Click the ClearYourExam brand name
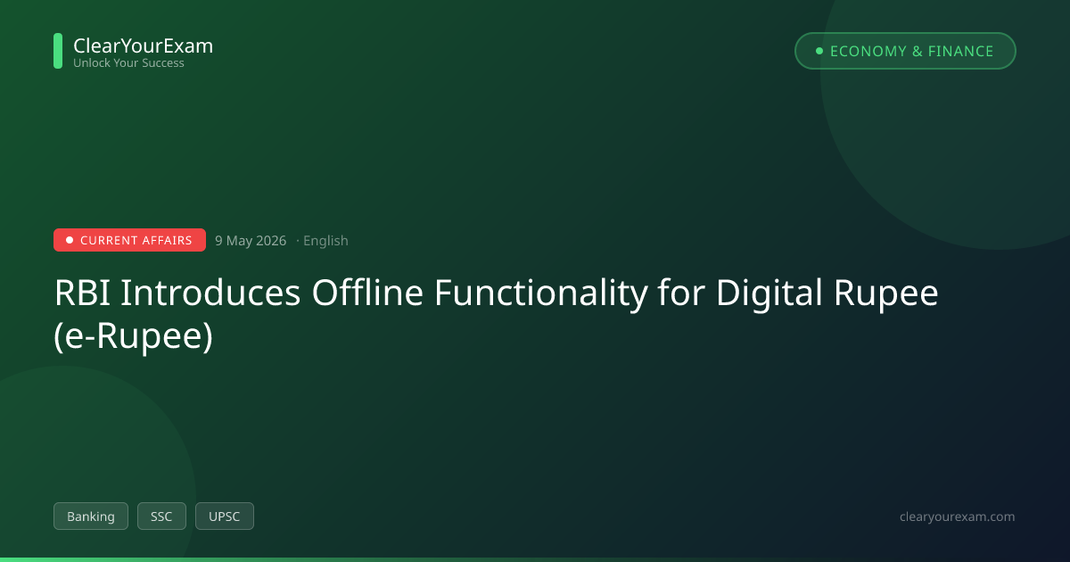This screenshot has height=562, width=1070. pyautogui.click(x=144, y=45)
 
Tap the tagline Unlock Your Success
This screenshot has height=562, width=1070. pyautogui.click(x=128, y=63)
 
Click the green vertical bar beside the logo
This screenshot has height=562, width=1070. pyautogui.click(x=58, y=51)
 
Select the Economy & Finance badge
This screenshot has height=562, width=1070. pyautogui.click(x=905, y=51)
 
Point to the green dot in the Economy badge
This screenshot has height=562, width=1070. pyautogui.click(x=819, y=51)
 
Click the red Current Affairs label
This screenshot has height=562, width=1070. pyautogui.click(x=129, y=240)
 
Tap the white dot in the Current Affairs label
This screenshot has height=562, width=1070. pyautogui.click(x=70, y=240)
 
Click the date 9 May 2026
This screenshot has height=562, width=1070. pyautogui.click(x=251, y=240)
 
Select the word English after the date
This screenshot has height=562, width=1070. pyautogui.click(x=325, y=240)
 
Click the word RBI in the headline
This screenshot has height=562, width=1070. pyautogui.click(x=82, y=293)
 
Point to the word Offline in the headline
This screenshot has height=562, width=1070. pyautogui.click(x=367, y=292)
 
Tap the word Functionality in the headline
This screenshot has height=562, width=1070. pyautogui.click(x=540, y=293)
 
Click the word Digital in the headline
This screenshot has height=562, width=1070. pyautogui.click(x=769, y=293)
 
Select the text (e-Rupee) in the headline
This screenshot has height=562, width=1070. pyautogui.click(x=133, y=337)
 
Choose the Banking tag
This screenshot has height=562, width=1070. pyautogui.click(x=91, y=517)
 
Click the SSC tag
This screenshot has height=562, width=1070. pyautogui.click(x=161, y=517)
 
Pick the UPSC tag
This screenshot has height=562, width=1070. pyautogui.click(x=225, y=517)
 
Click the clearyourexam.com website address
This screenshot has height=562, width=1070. pyautogui.click(x=958, y=517)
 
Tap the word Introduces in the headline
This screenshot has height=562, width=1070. pyautogui.click(x=210, y=293)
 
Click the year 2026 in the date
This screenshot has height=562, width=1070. pyautogui.click(x=271, y=240)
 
